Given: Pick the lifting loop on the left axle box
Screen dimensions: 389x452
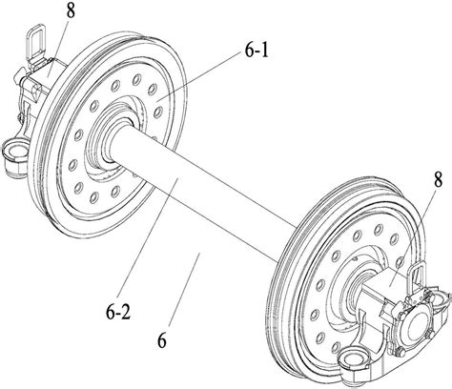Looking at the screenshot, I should pyautogui.click(x=34, y=40).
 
